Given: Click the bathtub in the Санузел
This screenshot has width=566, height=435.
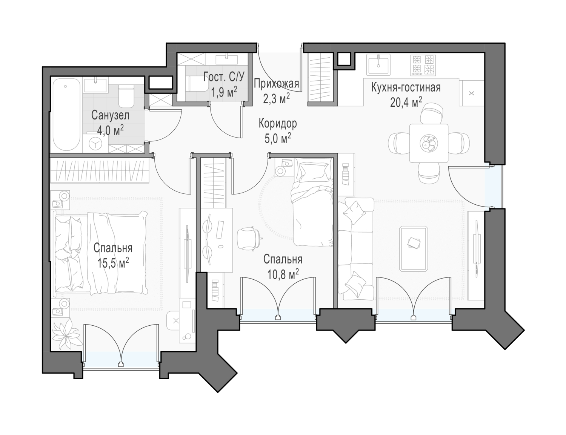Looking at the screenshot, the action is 66,115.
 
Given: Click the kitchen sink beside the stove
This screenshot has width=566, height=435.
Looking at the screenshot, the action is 379,64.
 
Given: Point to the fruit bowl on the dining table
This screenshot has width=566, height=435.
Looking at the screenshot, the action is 429,143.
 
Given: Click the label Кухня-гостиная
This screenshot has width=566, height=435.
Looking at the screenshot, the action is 406,88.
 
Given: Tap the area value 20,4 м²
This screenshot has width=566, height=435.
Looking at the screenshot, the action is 406,102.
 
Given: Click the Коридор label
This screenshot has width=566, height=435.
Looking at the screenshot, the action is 278,124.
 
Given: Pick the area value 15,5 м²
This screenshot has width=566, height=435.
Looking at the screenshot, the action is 113,263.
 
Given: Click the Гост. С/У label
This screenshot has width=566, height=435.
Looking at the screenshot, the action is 224,77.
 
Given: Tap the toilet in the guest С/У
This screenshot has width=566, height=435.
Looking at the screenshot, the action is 198,84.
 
